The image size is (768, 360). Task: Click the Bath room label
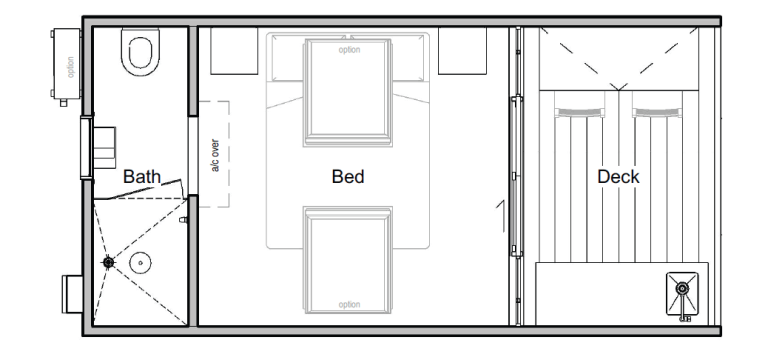[142, 176]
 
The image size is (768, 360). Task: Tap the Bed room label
[348, 176]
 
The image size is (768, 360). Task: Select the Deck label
[618, 176]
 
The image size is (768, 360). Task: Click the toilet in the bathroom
[140, 51]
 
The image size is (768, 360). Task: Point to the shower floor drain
[109, 263]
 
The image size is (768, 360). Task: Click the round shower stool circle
[141, 263]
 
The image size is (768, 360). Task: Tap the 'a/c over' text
[215, 155]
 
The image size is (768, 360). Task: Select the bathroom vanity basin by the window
[104, 148]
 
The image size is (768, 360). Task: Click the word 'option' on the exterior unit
[71, 68]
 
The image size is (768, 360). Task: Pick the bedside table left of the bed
[234, 51]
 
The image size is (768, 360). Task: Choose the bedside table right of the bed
[462, 51]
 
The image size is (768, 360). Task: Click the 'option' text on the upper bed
[349, 50]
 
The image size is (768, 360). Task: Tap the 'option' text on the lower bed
[349, 305]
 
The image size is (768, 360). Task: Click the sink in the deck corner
[682, 295]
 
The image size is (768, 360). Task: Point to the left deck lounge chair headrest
[579, 112]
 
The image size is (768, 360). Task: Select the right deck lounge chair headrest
[657, 112]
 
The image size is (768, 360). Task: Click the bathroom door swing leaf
[145, 189]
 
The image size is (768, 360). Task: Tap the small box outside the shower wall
[72, 294]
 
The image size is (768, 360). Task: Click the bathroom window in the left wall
[86, 148]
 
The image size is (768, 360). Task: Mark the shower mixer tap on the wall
[184, 220]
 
